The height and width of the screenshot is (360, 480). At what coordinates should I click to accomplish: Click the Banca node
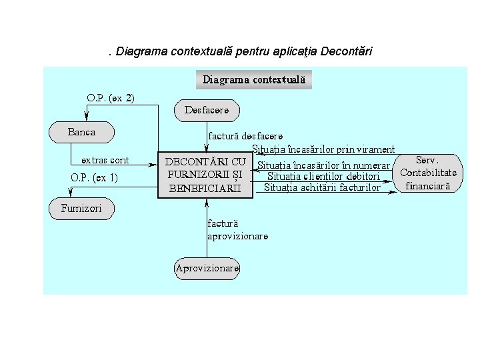82,132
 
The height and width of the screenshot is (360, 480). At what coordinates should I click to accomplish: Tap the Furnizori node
82,209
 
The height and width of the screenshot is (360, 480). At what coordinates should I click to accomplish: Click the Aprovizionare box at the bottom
207,269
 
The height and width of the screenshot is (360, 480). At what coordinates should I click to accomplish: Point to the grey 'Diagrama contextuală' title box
254,79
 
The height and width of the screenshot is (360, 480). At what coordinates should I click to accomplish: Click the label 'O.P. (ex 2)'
111,97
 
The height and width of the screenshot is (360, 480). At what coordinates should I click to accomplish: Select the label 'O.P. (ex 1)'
94,177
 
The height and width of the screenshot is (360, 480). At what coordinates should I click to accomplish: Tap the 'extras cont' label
105,160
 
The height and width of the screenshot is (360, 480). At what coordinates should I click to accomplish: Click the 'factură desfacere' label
245,135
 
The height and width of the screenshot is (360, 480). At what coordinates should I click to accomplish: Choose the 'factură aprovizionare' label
237,230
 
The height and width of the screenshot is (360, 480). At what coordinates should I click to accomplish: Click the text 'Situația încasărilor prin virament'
323,149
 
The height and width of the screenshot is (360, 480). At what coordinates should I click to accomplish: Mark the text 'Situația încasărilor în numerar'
323,165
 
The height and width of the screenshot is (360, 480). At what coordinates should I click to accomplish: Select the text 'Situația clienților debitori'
323,177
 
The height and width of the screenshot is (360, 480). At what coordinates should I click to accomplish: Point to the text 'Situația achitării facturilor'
322,187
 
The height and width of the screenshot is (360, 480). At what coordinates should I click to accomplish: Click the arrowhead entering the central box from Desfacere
207,148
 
